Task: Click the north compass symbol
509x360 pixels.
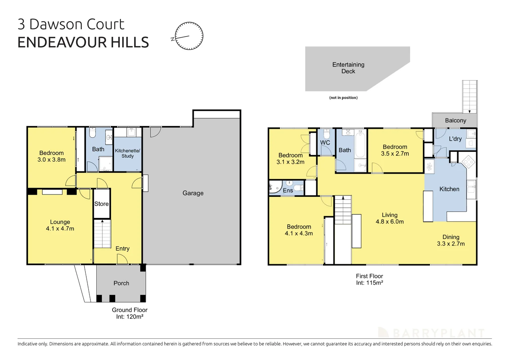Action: [x=189, y=36]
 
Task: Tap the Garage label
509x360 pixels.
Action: [x=193, y=193]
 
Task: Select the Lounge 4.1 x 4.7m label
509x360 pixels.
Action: [x=60, y=225]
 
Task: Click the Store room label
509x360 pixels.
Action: [x=101, y=204]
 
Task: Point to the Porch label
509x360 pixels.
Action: [x=121, y=283]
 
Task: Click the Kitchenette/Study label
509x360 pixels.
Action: [x=128, y=153]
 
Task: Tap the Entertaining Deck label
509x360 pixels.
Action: [x=348, y=68]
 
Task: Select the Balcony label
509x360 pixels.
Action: [x=455, y=120]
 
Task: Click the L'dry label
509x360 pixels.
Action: [x=455, y=139]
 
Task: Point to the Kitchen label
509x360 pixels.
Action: [x=449, y=189]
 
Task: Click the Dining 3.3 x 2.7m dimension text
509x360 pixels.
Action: [x=451, y=244]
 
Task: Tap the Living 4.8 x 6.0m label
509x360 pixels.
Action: [x=389, y=218]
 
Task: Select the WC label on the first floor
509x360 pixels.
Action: [x=325, y=143]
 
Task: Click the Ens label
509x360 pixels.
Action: [x=288, y=190]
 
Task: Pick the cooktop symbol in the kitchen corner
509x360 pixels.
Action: [x=469, y=162]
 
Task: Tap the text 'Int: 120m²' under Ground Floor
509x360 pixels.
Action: [x=130, y=317]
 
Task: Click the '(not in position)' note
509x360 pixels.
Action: [x=343, y=98]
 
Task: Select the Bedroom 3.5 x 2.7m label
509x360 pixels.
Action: [x=395, y=150]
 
